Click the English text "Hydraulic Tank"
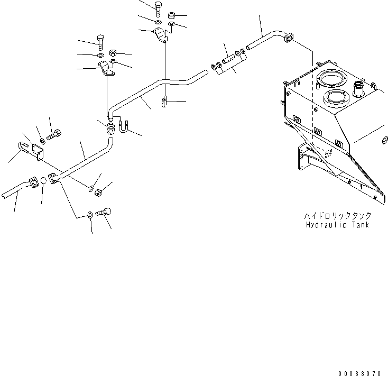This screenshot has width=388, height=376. pos(337,225)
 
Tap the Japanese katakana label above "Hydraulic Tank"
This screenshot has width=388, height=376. pos(337,216)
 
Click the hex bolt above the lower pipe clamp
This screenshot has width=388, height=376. pos(101,41)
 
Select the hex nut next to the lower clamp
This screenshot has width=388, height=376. pos(113,53)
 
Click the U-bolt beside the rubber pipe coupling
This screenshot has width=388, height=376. pos(125,127)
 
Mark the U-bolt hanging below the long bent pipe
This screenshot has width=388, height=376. pos(165,101)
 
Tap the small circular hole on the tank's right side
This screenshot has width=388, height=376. pos(383,142)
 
